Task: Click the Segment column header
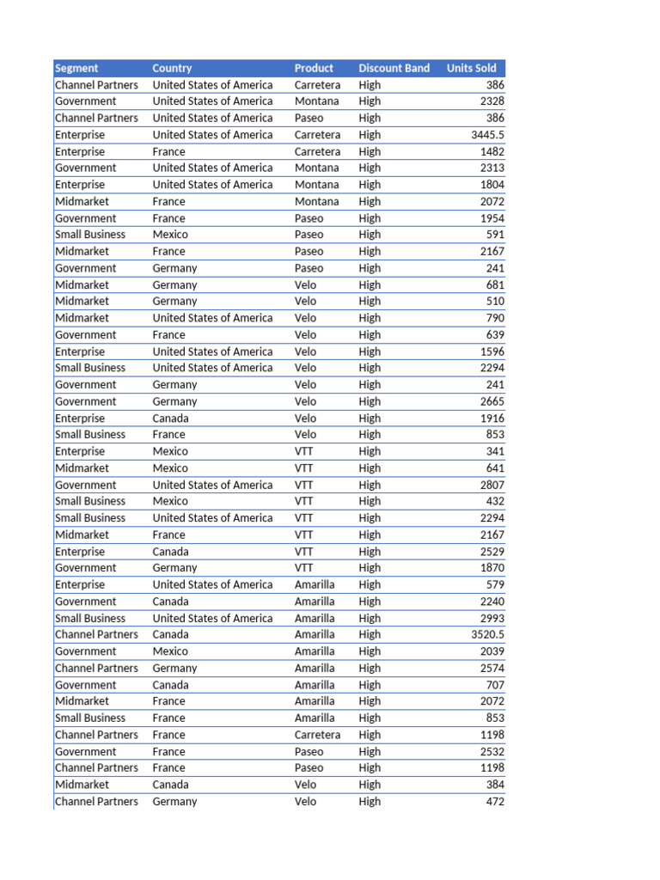(76, 68)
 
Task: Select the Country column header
(172, 68)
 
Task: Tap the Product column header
(314, 68)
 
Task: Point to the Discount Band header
(394, 68)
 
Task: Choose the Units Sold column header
(472, 68)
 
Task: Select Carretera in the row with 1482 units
(317, 151)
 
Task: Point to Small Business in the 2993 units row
(90, 618)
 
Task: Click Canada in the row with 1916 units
(170, 418)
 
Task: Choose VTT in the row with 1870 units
(304, 568)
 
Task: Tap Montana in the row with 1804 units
(316, 185)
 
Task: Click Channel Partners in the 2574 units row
(96, 668)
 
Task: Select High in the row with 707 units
(370, 685)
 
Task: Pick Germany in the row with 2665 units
(174, 401)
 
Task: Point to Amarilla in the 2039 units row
(315, 651)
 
